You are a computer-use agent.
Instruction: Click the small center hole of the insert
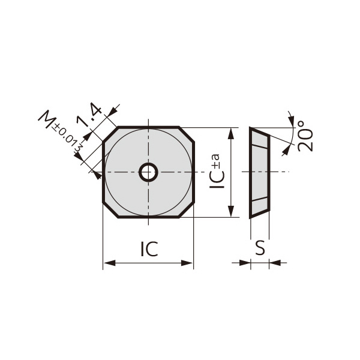(x=148, y=173)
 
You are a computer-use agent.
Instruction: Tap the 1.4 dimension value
(x=91, y=115)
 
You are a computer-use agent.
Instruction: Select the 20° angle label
(x=305, y=136)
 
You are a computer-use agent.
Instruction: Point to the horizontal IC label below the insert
(x=149, y=249)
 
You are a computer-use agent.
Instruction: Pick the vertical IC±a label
(x=218, y=172)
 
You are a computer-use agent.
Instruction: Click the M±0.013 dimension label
(x=60, y=129)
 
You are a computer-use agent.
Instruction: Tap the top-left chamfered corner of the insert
(x=110, y=134)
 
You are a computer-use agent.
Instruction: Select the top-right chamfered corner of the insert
(x=187, y=134)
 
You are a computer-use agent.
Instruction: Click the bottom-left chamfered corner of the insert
(x=110, y=211)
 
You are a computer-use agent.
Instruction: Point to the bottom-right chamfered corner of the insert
(x=187, y=211)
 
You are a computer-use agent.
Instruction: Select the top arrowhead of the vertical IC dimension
(x=232, y=132)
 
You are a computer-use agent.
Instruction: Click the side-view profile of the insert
(x=259, y=173)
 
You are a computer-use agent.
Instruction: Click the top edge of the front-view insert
(x=148, y=127)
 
